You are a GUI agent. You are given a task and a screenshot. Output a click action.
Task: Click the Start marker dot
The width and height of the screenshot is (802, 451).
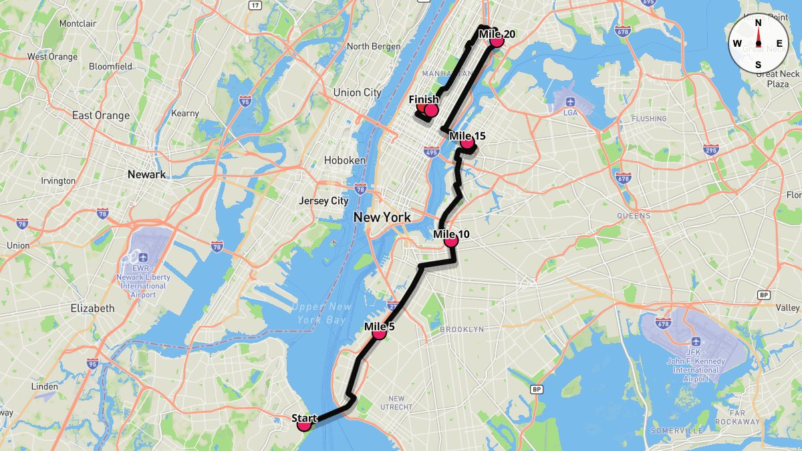click(304, 424)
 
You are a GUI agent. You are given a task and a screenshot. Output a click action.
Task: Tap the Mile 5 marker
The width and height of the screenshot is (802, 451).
click(379, 332)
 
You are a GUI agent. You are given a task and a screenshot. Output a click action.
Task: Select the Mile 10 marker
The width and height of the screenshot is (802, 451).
click(451, 240)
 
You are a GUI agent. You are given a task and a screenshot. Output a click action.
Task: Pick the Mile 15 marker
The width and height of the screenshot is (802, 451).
click(467, 142)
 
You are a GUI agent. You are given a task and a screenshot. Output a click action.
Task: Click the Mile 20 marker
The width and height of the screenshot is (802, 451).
click(496, 40)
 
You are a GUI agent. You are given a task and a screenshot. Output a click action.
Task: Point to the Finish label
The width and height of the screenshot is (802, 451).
click(424, 100)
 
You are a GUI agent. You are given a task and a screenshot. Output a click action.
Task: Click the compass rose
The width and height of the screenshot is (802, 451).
click(758, 43)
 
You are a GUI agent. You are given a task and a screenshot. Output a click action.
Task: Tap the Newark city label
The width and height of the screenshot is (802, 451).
click(146, 174)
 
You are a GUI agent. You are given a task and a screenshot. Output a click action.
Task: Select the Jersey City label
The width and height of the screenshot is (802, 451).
click(323, 200)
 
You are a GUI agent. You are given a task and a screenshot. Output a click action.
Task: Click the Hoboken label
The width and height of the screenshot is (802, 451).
click(345, 160)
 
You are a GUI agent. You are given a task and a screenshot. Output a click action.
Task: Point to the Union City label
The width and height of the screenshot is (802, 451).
click(357, 93)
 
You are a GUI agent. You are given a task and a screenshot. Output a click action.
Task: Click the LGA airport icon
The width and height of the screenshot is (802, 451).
click(570, 102)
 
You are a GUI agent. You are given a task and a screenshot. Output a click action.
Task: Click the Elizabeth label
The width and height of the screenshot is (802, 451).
click(92, 309)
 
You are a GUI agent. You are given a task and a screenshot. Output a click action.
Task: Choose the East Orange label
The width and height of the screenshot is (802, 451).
click(101, 116)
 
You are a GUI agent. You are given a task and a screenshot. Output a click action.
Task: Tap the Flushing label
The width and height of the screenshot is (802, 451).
click(649, 119)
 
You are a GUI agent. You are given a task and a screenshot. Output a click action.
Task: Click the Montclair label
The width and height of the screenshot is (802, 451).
click(78, 23)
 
